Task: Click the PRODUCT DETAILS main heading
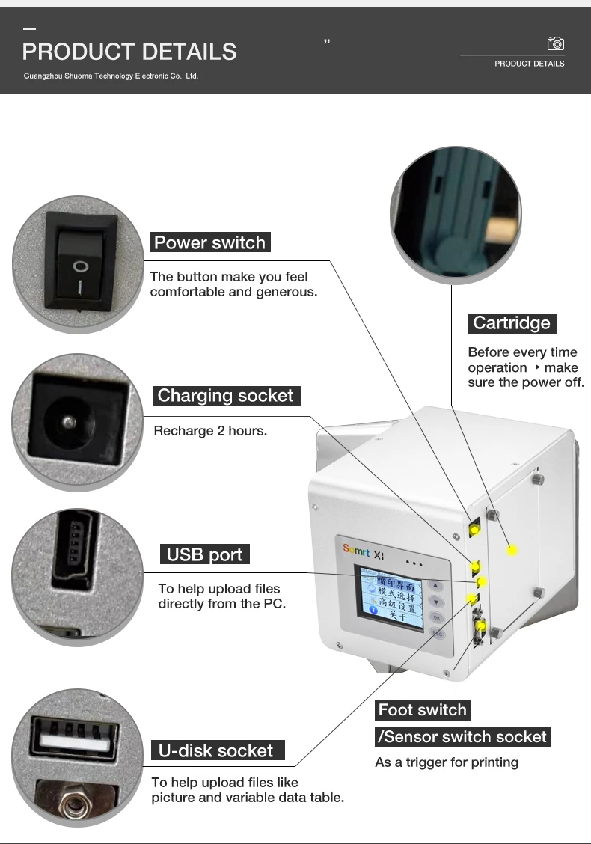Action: (x=129, y=52)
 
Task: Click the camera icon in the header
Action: (x=556, y=43)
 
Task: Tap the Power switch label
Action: (x=209, y=242)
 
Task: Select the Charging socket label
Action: (x=225, y=396)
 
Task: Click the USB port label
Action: (x=204, y=554)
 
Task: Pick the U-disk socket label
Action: (x=216, y=750)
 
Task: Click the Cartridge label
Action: (x=512, y=323)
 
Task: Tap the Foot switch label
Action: (x=422, y=710)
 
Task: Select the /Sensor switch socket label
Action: (x=463, y=737)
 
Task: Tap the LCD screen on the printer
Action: (x=391, y=598)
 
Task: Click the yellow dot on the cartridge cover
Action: (x=512, y=551)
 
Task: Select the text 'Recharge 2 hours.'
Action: (x=209, y=431)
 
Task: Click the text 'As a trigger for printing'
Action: (x=446, y=762)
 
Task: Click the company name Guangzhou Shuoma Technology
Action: (x=111, y=76)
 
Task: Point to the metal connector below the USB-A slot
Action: (x=73, y=803)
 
